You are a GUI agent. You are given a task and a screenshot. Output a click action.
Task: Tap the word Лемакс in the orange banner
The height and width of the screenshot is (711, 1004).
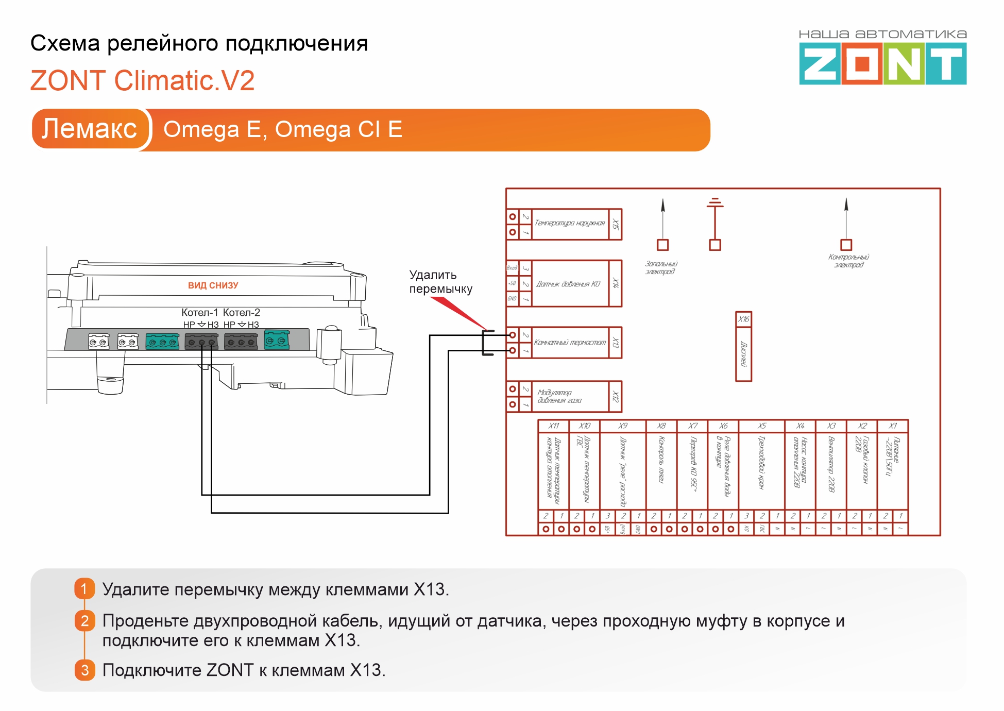pyautogui.click(x=89, y=129)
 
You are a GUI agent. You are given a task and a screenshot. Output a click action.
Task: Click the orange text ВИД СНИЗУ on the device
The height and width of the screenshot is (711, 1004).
pyautogui.click(x=213, y=285)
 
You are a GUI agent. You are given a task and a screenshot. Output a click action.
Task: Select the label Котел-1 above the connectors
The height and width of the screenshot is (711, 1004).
pyautogui.click(x=199, y=312)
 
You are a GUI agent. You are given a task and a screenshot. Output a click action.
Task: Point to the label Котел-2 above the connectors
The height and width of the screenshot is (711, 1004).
pyautogui.click(x=241, y=312)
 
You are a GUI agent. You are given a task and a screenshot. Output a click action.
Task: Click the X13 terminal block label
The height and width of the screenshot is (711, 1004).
pyautogui.click(x=615, y=343)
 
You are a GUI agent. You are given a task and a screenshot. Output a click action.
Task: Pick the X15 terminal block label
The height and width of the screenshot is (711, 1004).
pyautogui.click(x=615, y=224)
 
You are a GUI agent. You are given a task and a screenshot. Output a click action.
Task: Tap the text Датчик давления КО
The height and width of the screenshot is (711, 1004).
pyautogui.click(x=568, y=284)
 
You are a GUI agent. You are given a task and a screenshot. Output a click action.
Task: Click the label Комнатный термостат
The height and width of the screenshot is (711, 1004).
pyautogui.click(x=570, y=343)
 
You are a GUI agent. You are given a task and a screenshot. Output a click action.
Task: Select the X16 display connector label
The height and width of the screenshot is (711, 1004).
pyautogui.click(x=743, y=319)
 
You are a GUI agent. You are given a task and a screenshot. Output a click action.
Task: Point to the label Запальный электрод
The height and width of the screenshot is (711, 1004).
pyautogui.click(x=661, y=267)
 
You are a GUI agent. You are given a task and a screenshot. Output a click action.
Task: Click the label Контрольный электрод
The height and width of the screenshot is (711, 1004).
pyautogui.click(x=848, y=261)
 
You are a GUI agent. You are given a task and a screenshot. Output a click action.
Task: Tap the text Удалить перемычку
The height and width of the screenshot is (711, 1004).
pyautogui.click(x=440, y=282)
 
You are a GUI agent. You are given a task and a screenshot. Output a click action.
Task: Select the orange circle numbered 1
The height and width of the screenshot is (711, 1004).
pyautogui.click(x=84, y=589)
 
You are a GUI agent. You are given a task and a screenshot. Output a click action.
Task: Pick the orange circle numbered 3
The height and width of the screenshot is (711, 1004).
pyautogui.click(x=84, y=670)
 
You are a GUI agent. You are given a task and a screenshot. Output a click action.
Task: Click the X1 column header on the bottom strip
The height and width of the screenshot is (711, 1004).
pyautogui.click(x=893, y=426)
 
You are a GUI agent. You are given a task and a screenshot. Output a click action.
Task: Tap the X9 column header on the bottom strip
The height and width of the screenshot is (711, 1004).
pyautogui.click(x=623, y=426)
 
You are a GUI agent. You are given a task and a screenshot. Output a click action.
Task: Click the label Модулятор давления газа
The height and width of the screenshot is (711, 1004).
pyautogui.click(x=559, y=396)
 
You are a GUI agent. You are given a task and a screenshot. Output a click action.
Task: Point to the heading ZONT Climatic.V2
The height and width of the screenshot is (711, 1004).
pyautogui.click(x=142, y=81)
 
